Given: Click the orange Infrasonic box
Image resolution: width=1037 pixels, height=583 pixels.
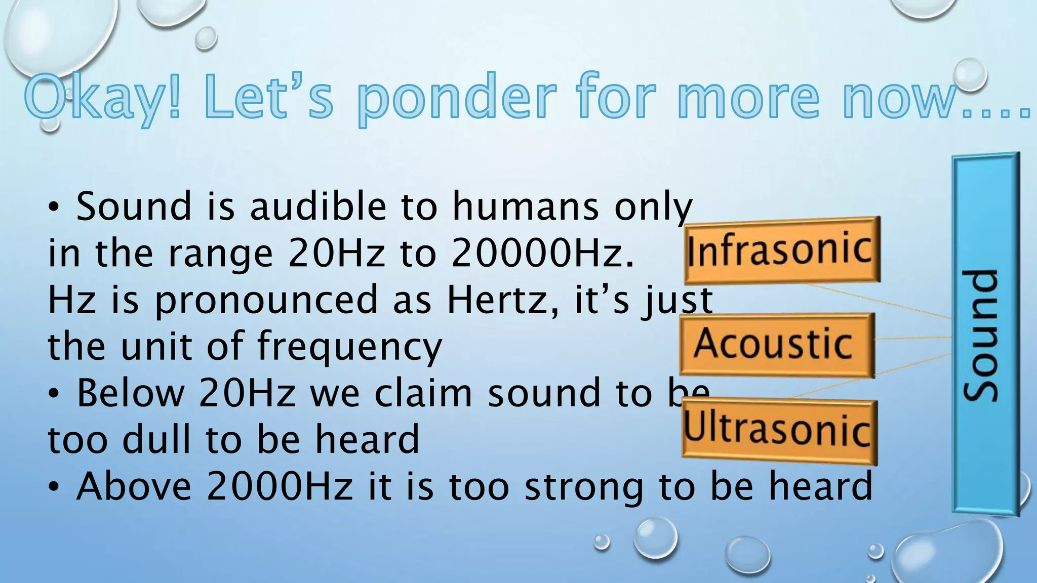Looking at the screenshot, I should click(782, 250).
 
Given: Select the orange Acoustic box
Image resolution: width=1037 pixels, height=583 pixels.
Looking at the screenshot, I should click(777, 345).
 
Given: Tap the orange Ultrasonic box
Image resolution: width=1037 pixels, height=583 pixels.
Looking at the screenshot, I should click(779, 431).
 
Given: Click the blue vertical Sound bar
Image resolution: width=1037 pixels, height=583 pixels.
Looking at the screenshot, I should click(985, 334).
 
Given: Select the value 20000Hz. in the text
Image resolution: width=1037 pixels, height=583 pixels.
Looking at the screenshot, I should click(542, 253).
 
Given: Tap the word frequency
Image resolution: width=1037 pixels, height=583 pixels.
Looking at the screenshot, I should click(349, 347).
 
